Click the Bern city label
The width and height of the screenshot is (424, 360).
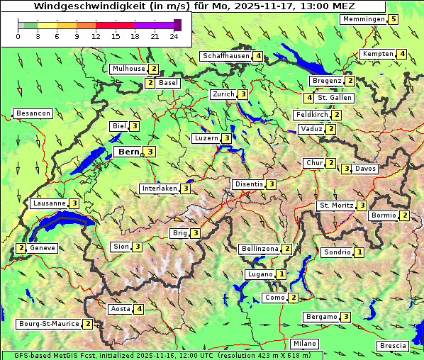[x=128, y=152]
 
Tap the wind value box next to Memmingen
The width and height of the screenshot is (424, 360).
[x=394, y=19]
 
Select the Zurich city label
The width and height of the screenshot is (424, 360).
[x=223, y=94]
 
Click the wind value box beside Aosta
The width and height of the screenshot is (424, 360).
[x=139, y=309]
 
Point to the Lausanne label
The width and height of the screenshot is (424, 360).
[x=49, y=203]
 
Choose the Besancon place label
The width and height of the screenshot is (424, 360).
[x=33, y=113]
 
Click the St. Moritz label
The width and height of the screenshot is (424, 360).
[x=335, y=206]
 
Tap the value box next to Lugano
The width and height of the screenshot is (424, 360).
[x=281, y=274]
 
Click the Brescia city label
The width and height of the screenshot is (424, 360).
[x=393, y=346]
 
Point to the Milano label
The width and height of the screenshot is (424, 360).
[x=305, y=344]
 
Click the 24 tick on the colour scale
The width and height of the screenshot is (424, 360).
[x=174, y=36]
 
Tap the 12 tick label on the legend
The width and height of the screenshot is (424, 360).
[x=96, y=36]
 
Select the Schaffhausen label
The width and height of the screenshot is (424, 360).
[x=225, y=56]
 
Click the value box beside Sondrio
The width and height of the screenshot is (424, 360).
[x=359, y=252]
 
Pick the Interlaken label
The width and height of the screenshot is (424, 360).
[x=159, y=189]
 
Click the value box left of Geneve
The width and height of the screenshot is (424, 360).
[x=22, y=248]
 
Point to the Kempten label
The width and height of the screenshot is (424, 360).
[x=377, y=54]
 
